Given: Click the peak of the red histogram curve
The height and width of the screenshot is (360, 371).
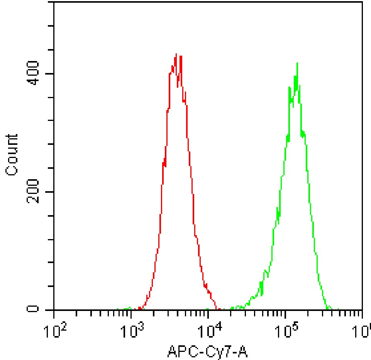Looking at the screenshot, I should click(176, 54).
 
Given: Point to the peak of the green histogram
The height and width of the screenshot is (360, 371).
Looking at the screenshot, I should click(297, 63).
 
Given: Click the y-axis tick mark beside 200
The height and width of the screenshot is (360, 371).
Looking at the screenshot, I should click(50, 192).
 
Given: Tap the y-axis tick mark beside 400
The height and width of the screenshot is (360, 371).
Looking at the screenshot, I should click(50, 74).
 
